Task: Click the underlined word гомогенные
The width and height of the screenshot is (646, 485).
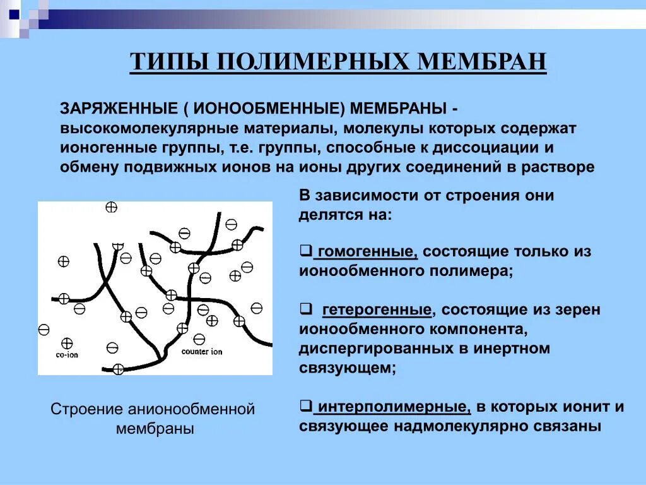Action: point(367,251)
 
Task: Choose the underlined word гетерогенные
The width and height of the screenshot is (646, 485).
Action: point(377,309)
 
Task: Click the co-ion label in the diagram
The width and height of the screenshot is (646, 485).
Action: point(66,355)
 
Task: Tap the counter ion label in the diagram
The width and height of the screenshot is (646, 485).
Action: point(201,351)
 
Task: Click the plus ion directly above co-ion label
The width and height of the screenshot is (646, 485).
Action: point(67,343)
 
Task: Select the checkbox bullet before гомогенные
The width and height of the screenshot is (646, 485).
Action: point(305,251)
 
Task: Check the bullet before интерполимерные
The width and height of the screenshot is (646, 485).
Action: point(305,406)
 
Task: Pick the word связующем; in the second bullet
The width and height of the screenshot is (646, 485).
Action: point(348,368)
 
